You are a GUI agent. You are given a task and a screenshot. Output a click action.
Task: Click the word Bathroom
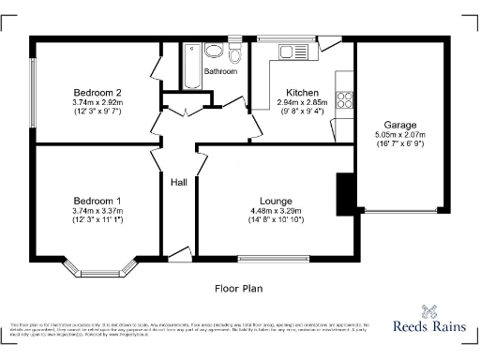coord(221,71)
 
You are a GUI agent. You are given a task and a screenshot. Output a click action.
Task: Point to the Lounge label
coord(274,201)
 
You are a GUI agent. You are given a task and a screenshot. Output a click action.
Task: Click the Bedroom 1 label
coord(97,201)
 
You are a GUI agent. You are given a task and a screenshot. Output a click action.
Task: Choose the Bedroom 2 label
coord(97,92)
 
